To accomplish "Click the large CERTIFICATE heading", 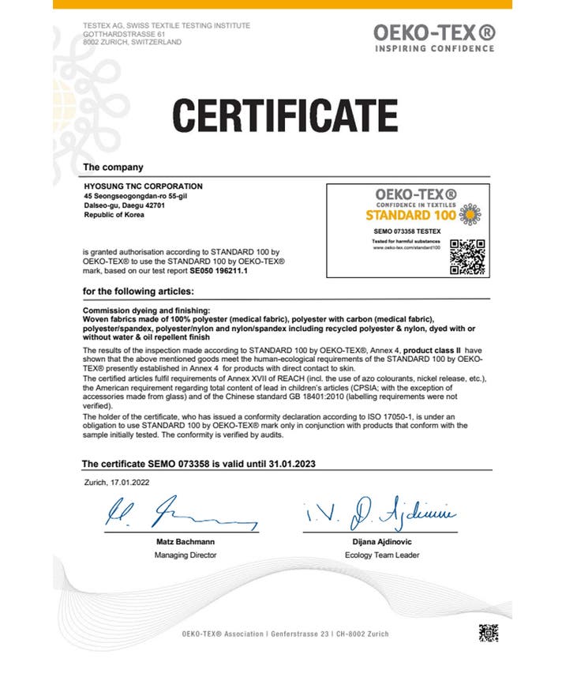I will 285,114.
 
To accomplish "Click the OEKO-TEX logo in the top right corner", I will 434,37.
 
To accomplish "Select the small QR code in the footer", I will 489,633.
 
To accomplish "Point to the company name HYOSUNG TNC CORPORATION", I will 137,186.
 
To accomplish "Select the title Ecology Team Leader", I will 382,555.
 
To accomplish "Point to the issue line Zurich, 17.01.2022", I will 117,480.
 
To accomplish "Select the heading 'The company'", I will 113,167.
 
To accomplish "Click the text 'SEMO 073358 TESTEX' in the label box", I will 402,230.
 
